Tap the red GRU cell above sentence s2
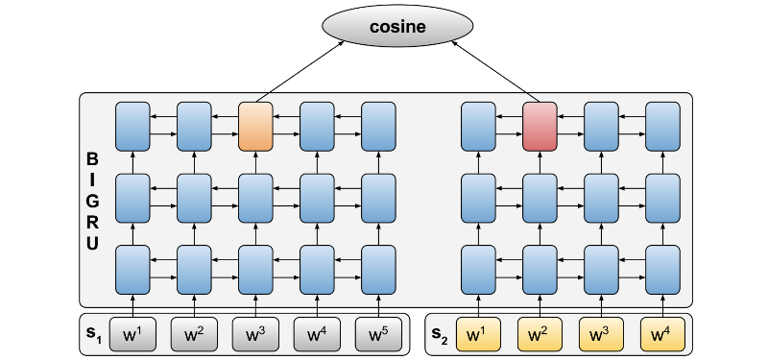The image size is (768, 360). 540,127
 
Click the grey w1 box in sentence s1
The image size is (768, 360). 132,335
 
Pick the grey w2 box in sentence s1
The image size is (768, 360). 194,335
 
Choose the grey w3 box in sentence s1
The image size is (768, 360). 256,335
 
